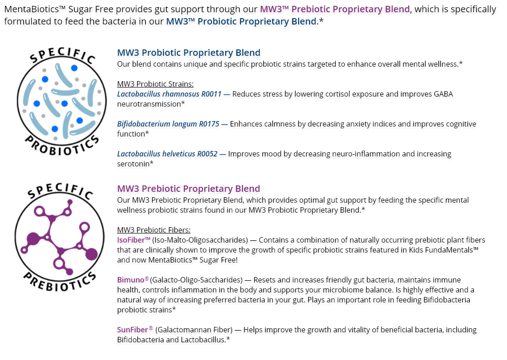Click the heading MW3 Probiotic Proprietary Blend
tap(188, 53)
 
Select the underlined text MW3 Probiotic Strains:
tap(155, 84)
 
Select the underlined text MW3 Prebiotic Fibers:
tap(154, 230)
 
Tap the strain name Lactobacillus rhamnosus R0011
tap(169, 94)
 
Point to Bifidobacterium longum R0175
tap(168, 124)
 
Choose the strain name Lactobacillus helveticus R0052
tap(167, 154)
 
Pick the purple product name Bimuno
tap(130, 280)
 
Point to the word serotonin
tap(133, 164)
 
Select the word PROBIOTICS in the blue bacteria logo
tap(62, 146)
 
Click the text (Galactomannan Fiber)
tap(194, 330)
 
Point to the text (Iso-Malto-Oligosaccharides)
tap(200, 240)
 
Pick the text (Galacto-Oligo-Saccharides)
tap(196, 280)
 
